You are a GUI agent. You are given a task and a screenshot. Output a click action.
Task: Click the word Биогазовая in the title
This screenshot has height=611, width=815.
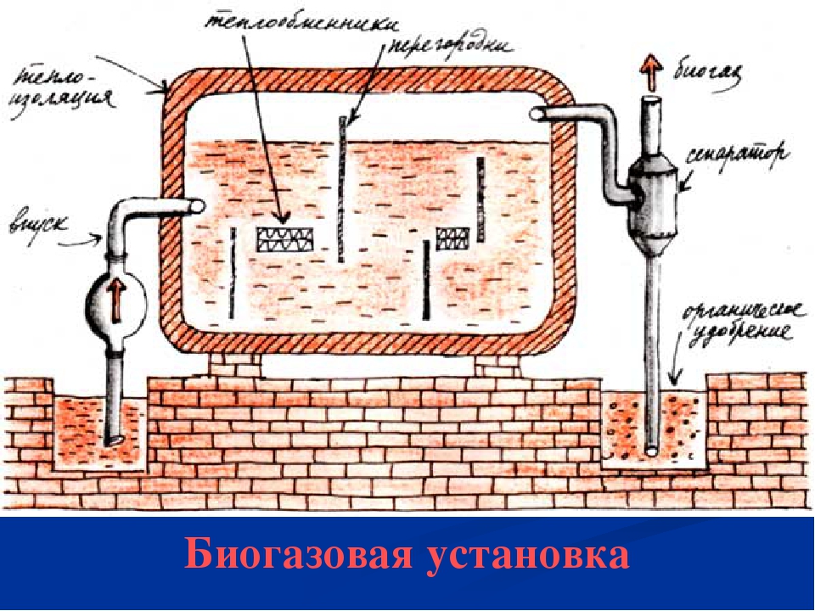click(x=296, y=556)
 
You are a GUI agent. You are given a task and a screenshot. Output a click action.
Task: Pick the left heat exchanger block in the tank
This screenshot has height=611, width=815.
click(x=285, y=238)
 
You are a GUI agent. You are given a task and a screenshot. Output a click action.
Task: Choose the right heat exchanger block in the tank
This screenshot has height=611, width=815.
click(x=452, y=238)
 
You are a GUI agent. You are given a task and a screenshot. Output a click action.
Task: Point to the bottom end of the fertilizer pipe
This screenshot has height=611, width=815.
click(x=651, y=451)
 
